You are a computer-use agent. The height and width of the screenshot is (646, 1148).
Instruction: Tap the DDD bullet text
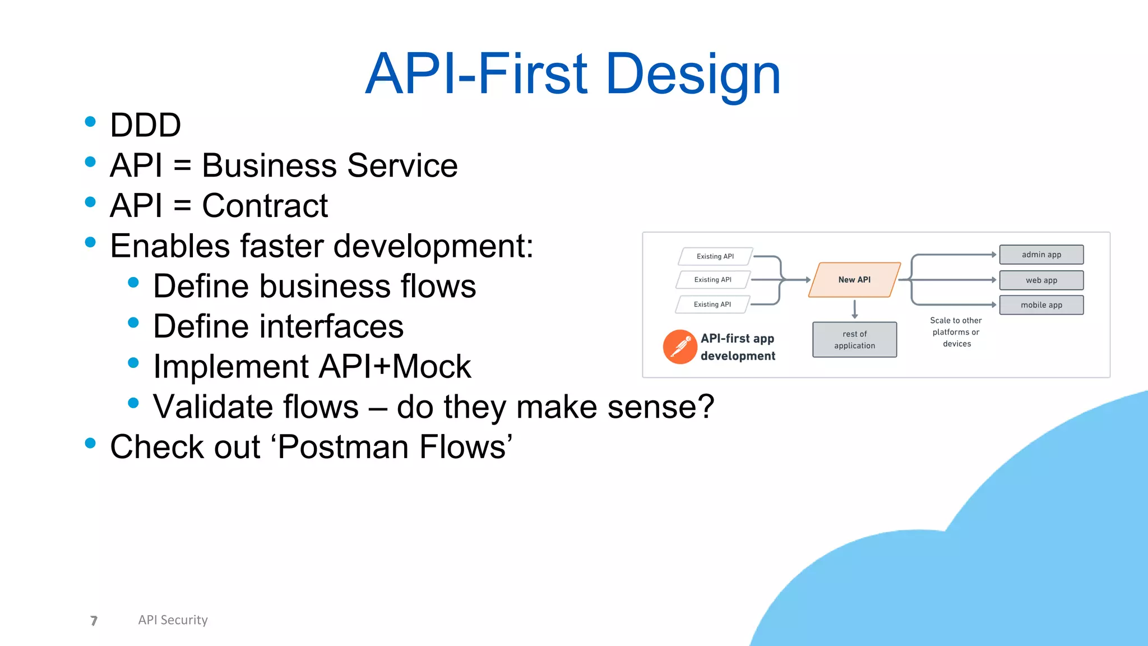coord(145,125)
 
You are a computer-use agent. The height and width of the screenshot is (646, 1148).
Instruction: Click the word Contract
coord(265,206)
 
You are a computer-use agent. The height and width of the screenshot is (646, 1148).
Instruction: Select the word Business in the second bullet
coord(269,166)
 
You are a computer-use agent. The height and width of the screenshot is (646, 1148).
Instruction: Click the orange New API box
coord(854,280)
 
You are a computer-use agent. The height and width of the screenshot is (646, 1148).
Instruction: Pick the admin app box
coord(1041,255)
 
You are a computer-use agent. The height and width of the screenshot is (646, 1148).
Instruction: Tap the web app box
coord(1041,280)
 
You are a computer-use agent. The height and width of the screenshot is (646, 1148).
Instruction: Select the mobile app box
coord(1041,305)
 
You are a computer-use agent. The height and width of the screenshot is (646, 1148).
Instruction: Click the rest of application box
coord(854,340)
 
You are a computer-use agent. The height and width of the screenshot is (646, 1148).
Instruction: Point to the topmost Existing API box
coord(715,256)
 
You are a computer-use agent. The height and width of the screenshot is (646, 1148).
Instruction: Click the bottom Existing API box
coord(712,304)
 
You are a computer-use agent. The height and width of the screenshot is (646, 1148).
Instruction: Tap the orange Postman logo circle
coord(679,347)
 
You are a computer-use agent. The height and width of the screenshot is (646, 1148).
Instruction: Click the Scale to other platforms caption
coord(956,332)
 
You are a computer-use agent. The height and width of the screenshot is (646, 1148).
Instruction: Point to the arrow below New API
coord(854,309)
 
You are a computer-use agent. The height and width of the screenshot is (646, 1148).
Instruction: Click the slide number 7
coord(94,620)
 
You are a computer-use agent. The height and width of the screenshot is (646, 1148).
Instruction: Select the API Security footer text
coord(173,620)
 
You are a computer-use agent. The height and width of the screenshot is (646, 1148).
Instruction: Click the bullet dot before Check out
coord(90,444)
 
